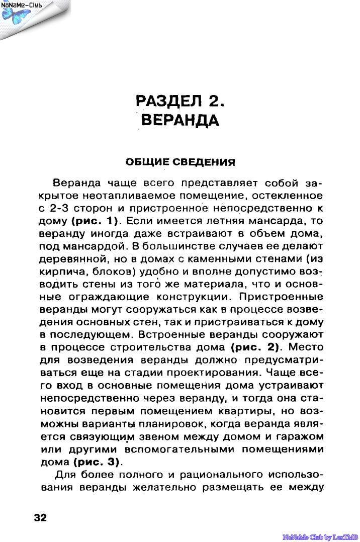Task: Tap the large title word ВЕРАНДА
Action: pos(180,121)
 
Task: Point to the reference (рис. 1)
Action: pos(95,220)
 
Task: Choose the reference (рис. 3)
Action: pos(97,461)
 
